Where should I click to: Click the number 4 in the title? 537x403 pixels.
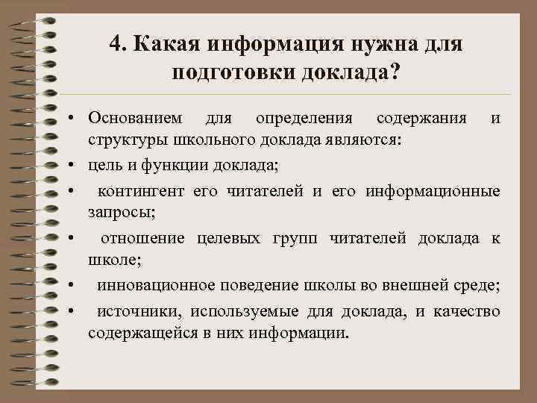114,44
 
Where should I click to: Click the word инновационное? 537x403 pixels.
144,286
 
